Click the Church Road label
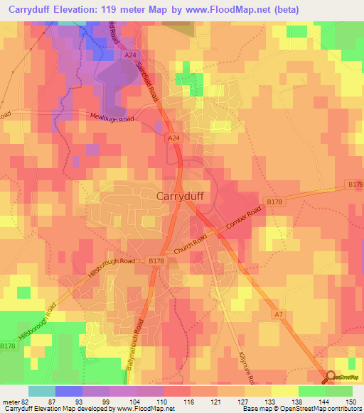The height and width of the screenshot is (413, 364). tap(191, 247)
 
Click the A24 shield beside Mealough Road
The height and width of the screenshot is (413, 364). tap(172, 137)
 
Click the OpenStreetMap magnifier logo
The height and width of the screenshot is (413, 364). tap(329, 378)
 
